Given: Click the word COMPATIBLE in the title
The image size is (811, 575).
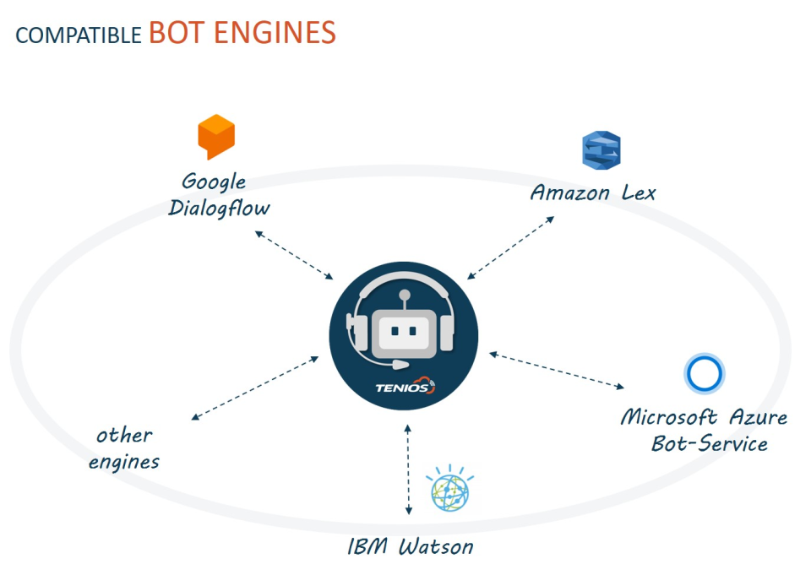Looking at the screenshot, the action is click(x=79, y=35).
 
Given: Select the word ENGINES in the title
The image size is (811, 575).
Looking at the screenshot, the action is click(x=275, y=32).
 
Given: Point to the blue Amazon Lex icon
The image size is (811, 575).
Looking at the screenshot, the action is click(x=601, y=150).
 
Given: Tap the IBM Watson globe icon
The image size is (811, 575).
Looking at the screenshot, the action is click(x=450, y=489).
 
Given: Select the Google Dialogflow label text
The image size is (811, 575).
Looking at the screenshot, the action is click(x=219, y=195).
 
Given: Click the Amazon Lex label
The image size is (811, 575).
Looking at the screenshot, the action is click(x=593, y=193).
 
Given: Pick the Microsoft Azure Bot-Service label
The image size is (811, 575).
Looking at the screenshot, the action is click(x=704, y=431).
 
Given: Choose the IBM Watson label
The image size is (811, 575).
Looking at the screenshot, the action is click(x=411, y=546).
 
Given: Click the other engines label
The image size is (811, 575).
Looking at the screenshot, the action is click(x=124, y=448).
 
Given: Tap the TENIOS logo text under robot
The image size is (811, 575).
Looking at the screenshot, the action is click(x=405, y=387).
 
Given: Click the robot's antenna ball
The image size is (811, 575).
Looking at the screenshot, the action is click(x=405, y=296).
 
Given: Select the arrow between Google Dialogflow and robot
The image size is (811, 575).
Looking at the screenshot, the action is click(x=294, y=256).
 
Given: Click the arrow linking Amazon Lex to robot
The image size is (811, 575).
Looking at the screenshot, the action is click(x=510, y=247).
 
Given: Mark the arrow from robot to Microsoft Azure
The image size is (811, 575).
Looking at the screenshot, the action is click(x=557, y=370).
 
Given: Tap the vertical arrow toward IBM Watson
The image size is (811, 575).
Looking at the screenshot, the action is click(x=408, y=469).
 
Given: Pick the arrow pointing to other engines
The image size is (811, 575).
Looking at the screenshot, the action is click(x=255, y=388).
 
